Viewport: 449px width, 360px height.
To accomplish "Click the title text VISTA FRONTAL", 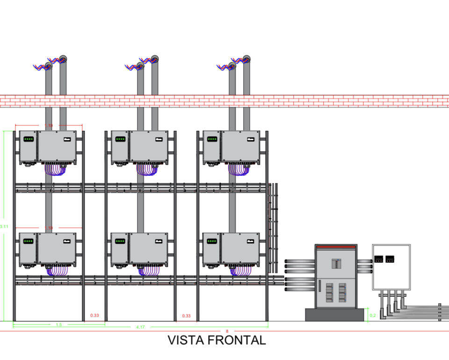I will point(217,340).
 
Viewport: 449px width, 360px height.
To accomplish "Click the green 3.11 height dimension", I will point(4,226).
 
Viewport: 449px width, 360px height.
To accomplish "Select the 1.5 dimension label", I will point(59,324).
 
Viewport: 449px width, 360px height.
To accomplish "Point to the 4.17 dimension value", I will point(140,327).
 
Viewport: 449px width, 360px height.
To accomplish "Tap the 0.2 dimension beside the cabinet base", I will point(373,315).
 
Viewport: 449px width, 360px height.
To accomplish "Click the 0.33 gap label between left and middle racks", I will point(94,316).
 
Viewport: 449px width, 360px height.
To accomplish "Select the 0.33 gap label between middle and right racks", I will point(186,316).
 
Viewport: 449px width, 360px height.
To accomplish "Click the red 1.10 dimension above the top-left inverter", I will point(49,125).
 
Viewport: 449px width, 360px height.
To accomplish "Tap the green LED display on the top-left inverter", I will point(29,139).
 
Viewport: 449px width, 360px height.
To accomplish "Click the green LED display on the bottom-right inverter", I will point(212,241).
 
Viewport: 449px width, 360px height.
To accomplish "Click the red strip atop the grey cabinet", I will point(336,246).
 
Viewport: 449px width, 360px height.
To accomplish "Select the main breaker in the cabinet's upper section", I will point(336,263).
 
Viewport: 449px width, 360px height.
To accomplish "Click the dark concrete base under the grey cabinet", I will point(334,315).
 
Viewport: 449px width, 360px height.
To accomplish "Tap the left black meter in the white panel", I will point(379,259).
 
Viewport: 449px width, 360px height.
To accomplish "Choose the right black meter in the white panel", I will point(390,259).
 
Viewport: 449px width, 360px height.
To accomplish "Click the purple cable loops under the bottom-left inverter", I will point(57,271).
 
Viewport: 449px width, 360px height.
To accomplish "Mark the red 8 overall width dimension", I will point(227,331).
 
